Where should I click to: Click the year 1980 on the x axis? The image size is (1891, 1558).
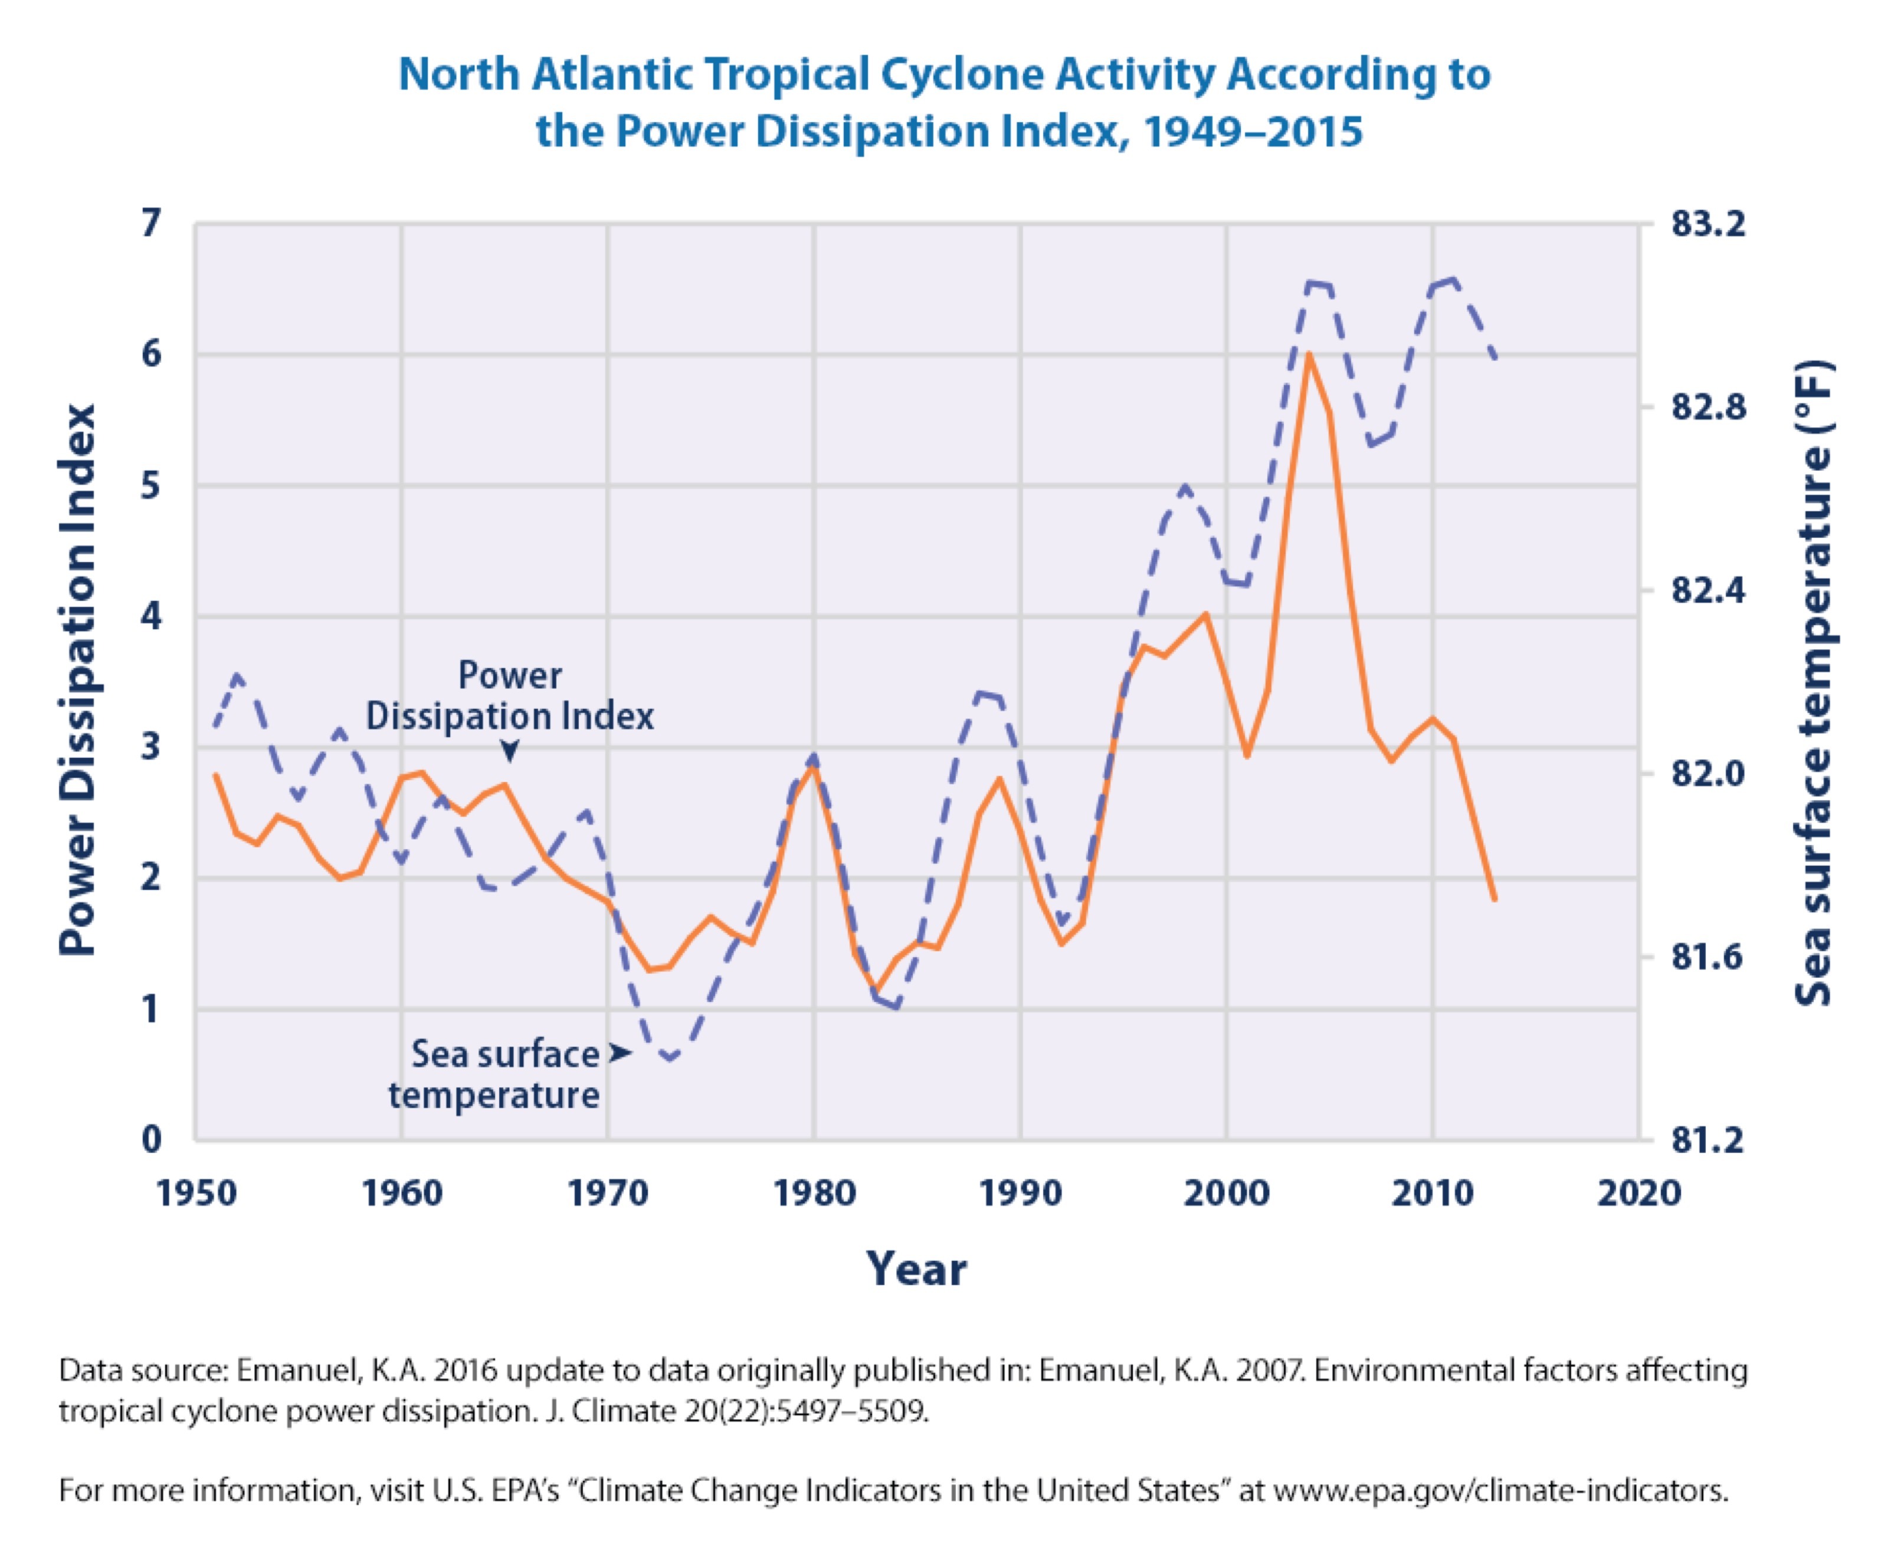[814, 1194]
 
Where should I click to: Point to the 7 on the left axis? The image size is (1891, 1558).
[151, 222]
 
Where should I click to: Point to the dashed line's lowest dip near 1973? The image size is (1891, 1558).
[669, 1060]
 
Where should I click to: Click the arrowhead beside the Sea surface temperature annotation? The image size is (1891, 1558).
[620, 1053]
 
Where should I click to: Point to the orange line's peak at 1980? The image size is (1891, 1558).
[812, 767]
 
